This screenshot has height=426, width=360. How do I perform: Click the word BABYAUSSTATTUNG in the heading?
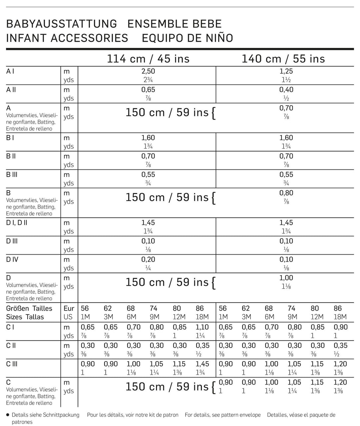(62, 24)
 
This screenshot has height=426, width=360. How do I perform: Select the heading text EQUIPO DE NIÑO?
(188, 38)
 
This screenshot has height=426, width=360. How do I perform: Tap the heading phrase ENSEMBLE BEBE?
(175, 24)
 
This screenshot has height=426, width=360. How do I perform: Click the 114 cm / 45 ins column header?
(148, 59)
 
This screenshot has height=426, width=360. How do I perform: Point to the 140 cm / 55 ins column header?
(283, 59)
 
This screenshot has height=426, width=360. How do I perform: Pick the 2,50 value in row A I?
(148, 71)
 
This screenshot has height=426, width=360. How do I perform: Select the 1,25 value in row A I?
(286, 71)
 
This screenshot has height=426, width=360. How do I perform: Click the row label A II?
(11, 90)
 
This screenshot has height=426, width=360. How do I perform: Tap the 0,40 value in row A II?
(286, 90)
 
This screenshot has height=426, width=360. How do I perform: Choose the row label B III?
(12, 175)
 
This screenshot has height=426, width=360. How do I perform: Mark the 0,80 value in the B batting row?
(286, 193)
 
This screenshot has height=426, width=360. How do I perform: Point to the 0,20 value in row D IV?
(148, 260)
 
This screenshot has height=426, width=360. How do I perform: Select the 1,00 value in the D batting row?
(286, 278)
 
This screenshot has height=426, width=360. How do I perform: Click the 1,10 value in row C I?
(202, 327)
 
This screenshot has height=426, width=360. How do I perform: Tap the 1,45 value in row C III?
(202, 364)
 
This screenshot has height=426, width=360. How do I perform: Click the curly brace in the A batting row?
(214, 113)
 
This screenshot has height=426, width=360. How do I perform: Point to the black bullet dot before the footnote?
(8, 415)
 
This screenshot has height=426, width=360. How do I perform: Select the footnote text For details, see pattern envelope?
(223, 415)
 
